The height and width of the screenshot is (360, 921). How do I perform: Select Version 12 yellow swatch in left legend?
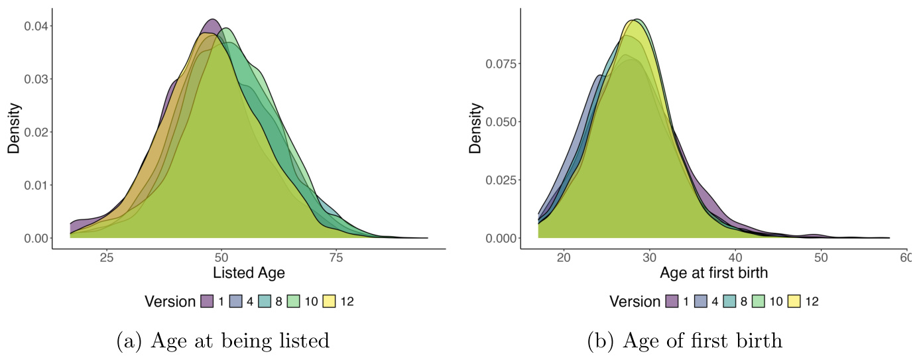click(x=330, y=302)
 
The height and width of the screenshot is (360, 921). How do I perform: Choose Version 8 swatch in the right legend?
click(x=729, y=302)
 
